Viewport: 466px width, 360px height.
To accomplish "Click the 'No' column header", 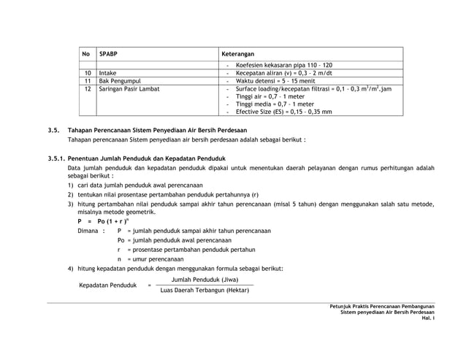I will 85,54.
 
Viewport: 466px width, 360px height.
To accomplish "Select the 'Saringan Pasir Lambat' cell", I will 129,89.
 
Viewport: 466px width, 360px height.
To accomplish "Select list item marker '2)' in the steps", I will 71,195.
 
